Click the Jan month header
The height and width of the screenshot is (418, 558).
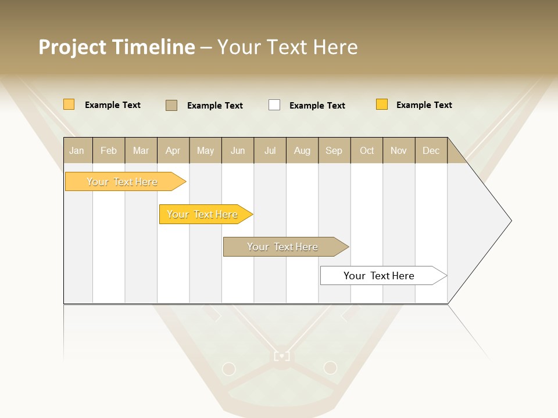point(77,150)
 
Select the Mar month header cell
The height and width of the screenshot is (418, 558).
point(141,150)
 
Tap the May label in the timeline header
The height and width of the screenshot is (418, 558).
point(205,150)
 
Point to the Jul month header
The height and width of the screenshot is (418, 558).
point(270,150)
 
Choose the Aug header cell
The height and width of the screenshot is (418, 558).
point(302,150)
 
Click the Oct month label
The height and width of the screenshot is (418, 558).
point(367,150)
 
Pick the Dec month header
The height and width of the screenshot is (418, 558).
point(431,150)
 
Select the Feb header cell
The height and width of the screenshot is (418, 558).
point(109,150)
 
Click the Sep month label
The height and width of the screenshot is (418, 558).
point(334,150)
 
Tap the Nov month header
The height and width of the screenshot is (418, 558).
point(399,150)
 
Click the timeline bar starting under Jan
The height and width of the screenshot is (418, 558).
point(122,182)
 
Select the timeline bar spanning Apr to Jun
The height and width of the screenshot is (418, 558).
point(202,214)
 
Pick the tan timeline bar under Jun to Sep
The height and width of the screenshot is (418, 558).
point(282,247)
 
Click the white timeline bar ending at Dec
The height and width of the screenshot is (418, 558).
point(379,276)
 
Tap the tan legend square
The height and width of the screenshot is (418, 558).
point(171,105)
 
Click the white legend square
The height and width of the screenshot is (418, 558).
point(274,105)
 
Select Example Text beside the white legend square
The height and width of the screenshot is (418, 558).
point(317,106)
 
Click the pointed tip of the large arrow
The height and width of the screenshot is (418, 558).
point(510,221)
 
